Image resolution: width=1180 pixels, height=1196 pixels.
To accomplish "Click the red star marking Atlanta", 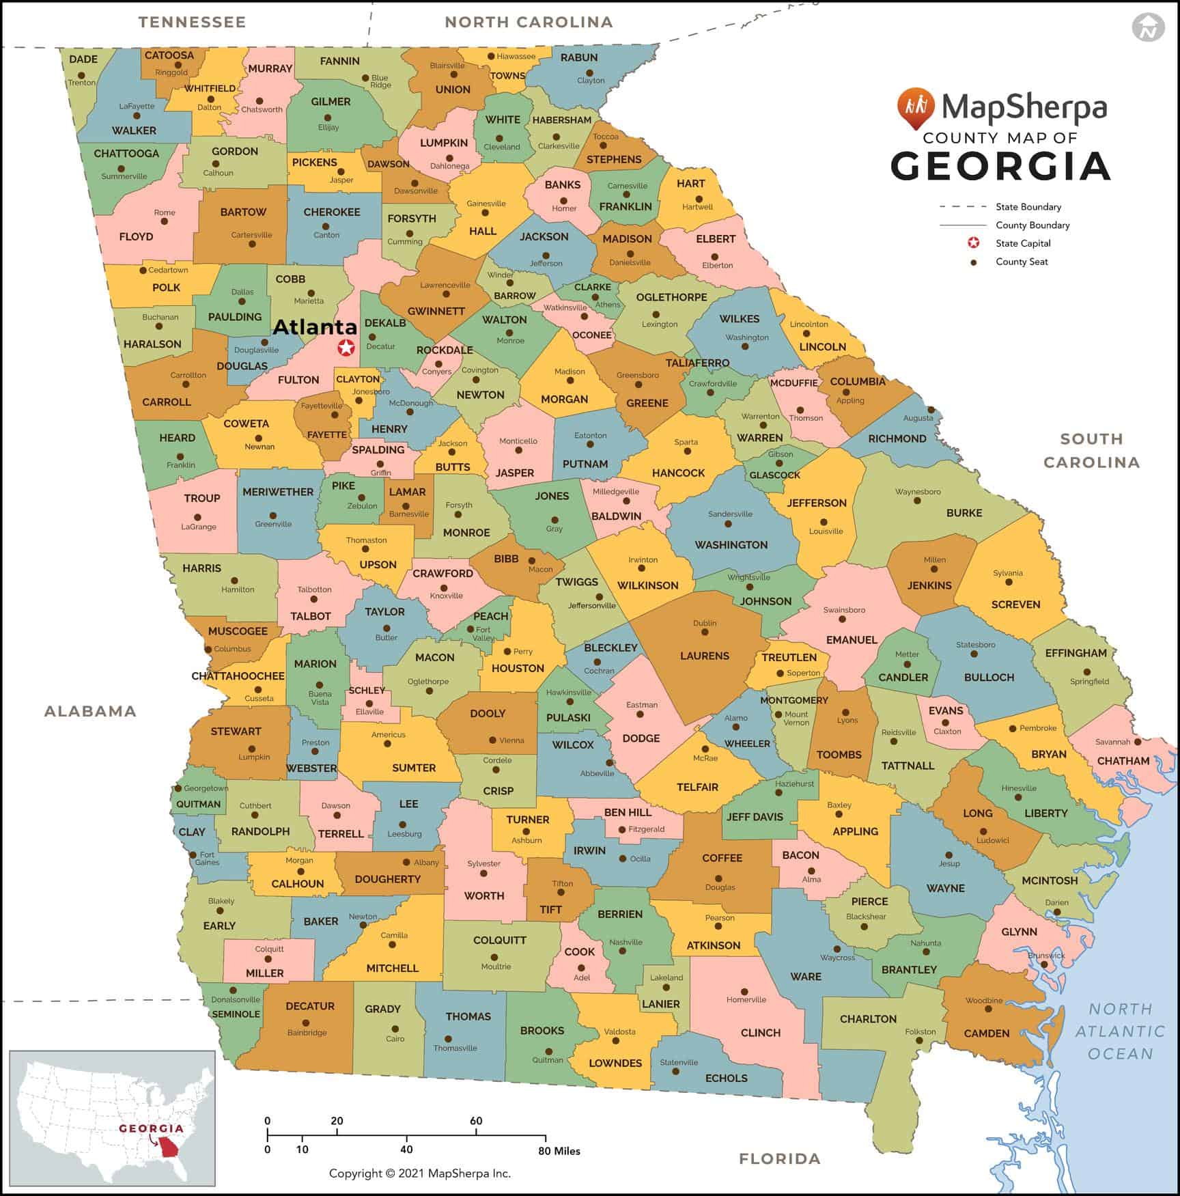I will (x=346, y=348).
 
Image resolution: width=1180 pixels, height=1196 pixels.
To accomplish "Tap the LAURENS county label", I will (x=704, y=656).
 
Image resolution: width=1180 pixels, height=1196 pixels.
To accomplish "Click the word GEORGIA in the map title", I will (x=1000, y=166).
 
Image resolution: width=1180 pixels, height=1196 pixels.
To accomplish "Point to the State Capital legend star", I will (x=974, y=243).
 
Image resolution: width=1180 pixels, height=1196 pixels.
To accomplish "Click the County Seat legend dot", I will (x=974, y=262).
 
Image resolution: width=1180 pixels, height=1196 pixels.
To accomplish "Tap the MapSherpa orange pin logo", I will (x=915, y=108).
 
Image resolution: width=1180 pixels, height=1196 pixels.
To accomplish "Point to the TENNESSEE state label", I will (x=192, y=22).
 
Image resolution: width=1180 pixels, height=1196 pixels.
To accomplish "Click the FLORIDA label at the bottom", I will (x=779, y=1158).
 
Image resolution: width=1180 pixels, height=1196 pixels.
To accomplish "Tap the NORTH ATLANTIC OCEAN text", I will (x=1120, y=1031).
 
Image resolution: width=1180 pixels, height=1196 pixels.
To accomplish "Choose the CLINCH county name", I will (x=760, y=1033).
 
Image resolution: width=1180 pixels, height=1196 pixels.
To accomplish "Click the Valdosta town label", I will (x=619, y=1031).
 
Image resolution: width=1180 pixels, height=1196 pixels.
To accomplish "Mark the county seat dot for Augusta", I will (x=931, y=411).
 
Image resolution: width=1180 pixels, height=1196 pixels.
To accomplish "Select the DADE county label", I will (x=83, y=59).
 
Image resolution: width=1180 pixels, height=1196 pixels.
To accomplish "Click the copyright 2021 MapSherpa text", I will (x=419, y=1173).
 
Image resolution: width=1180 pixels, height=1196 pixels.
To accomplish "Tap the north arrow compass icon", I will (x=1148, y=28).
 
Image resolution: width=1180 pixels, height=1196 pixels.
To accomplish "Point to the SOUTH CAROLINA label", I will (x=1091, y=451).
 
